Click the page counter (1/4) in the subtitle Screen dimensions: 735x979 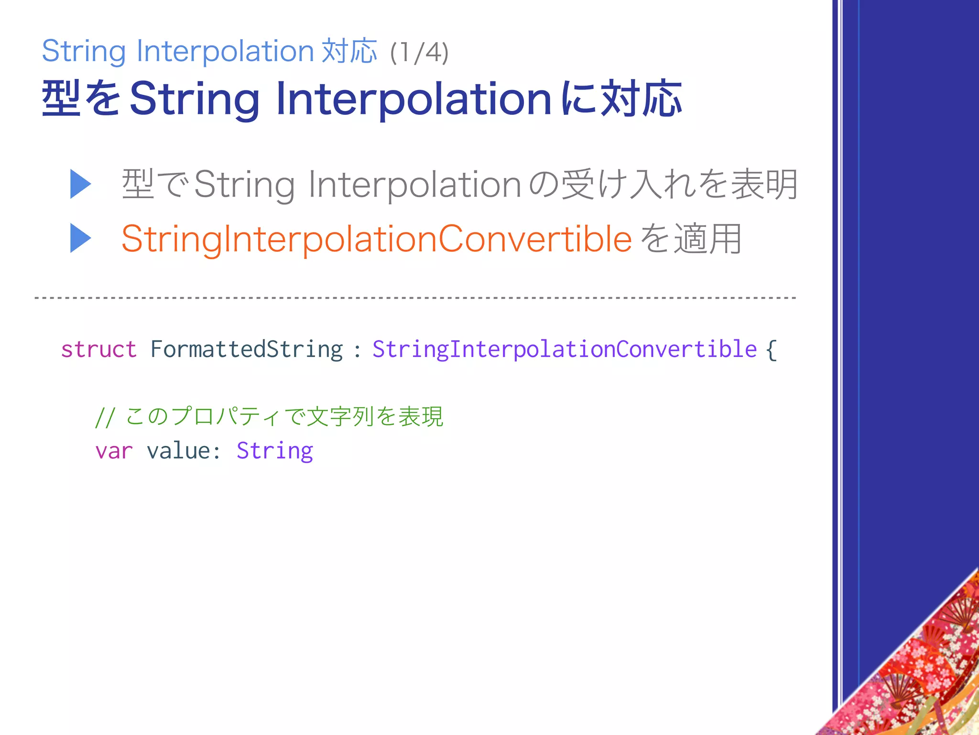tap(419, 53)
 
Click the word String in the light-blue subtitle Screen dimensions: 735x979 tap(84, 52)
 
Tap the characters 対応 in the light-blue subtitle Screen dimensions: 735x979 tap(349, 51)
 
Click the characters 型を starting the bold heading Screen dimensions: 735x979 tap(81, 99)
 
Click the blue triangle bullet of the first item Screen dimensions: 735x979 tap(80, 184)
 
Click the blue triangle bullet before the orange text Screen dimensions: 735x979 tap(80, 238)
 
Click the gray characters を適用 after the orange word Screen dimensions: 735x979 tap(691, 238)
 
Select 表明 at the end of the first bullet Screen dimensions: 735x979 tap(765, 184)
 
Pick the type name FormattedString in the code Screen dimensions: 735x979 tap(247, 349)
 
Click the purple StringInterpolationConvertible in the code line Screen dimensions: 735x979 tap(565, 349)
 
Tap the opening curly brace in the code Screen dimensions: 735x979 tap(771, 349)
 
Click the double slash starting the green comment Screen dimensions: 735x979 tap(104, 417)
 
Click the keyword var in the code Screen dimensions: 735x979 tap(114, 451)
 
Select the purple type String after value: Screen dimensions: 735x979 tap(275, 451)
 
